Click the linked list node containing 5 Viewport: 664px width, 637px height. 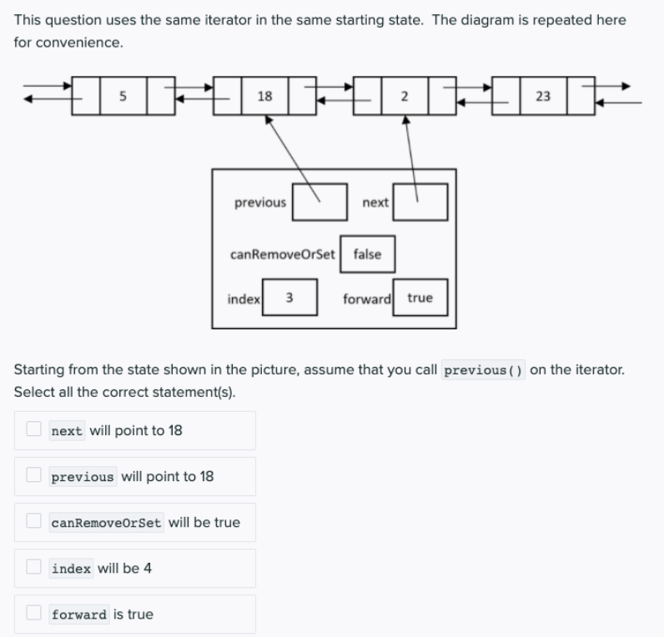(123, 96)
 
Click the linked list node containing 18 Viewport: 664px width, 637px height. (264, 96)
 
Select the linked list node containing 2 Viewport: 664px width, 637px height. (405, 96)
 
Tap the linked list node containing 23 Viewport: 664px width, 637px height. (542, 96)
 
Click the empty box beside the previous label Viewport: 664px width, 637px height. (319, 203)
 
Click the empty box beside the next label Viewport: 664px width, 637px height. (420, 203)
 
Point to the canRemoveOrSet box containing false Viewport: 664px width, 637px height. (367, 254)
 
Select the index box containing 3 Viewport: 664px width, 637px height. (289, 298)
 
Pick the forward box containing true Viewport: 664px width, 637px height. (420, 298)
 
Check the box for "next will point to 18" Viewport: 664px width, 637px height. (33, 429)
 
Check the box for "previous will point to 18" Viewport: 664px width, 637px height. (33, 475)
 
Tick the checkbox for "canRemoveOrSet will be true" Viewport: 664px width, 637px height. (33, 521)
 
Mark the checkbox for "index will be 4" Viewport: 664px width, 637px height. (33, 567)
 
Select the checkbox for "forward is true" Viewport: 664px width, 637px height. (33, 613)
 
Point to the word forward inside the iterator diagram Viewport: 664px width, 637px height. (367, 298)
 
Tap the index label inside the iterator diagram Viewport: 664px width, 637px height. (244, 298)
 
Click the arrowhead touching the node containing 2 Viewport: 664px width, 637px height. (406, 121)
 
